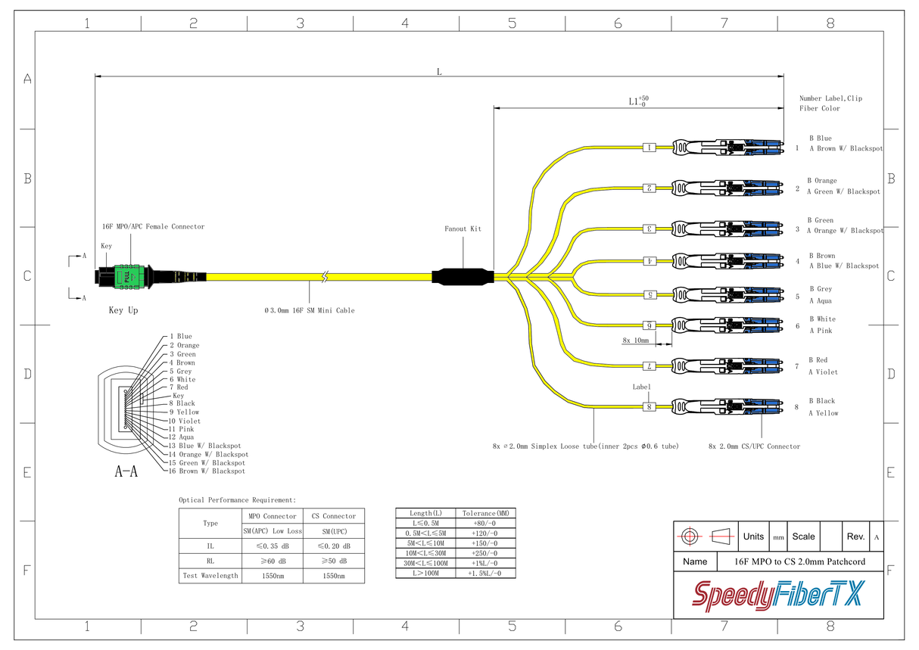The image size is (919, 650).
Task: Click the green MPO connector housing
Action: [x=126, y=277]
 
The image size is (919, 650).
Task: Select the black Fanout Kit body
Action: [x=463, y=276]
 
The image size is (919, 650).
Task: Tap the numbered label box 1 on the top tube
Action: [x=650, y=148]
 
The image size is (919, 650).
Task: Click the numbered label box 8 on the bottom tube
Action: [x=650, y=407]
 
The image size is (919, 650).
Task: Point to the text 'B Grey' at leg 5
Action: [x=821, y=289]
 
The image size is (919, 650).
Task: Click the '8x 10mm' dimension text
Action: [x=636, y=341]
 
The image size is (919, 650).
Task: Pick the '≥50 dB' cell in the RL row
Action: [x=334, y=561]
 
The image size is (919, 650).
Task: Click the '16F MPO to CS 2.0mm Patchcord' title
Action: [x=800, y=561]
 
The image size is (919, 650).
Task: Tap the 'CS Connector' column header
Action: [x=334, y=516]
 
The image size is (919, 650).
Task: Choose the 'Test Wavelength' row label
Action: [x=210, y=576]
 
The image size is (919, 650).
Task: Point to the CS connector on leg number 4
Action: [x=727, y=261]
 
